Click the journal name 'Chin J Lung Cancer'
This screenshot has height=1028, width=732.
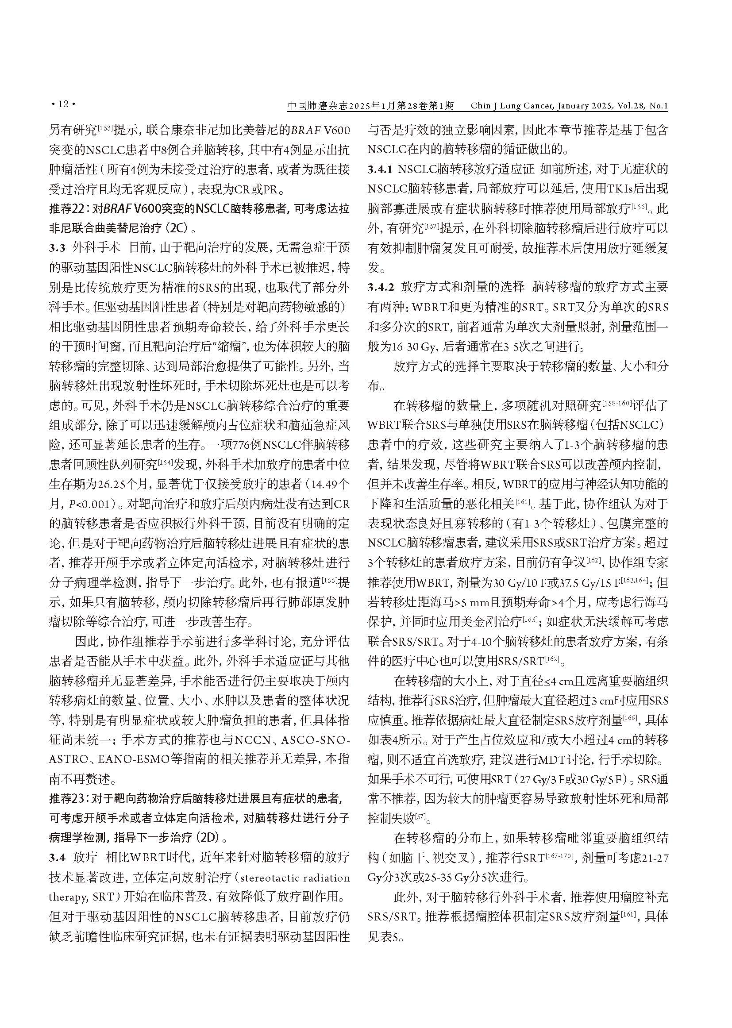[511, 105]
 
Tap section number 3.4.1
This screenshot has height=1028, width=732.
[380, 169]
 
